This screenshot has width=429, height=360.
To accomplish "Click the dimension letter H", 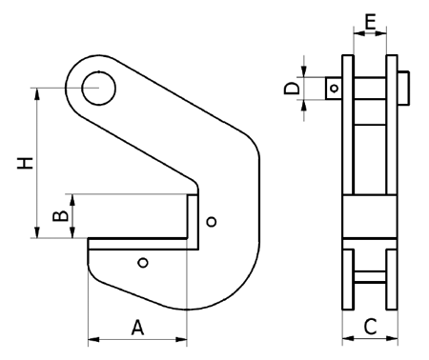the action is coord(25,163).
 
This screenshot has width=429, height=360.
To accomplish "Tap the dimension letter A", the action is coord(137,328).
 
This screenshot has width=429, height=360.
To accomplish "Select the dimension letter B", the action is coord(60,216).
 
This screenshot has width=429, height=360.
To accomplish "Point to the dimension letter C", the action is coord(370,327).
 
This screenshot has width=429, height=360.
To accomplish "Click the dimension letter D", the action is coord(292,89).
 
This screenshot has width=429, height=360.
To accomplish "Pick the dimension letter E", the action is coord(370,21).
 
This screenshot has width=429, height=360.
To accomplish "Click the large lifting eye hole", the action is coord(99,89).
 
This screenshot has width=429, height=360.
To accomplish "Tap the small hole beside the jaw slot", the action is coord(212,221).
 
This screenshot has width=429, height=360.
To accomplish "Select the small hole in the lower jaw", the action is coord(143,263).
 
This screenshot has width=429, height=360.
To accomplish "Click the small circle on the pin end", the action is coord(334,88).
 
